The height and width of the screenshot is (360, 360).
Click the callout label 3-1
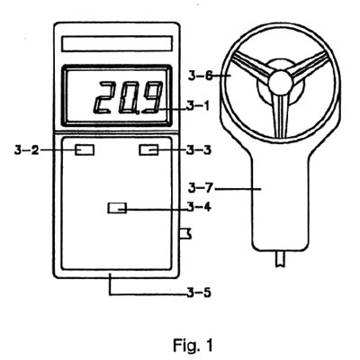[x=198, y=106]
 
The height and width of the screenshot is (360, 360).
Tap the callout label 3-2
[x=27, y=149]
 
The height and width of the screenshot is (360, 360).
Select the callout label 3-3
[x=199, y=149]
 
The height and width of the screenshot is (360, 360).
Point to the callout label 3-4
[x=199, y=207]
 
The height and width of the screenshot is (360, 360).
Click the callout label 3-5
[x=199, y=292]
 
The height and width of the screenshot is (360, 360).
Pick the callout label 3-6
[x=201, y=76]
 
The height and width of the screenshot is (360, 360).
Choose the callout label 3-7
[x=201, y=188]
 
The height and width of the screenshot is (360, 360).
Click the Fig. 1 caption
[x=193, y=346]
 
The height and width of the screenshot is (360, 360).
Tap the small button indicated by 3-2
[x=85, y=149]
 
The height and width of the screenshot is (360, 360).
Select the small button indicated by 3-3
[x=148, y=149]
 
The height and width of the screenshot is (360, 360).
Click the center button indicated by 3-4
[x=117, y=208]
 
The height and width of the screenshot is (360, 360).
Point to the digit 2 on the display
[x=105, y=97]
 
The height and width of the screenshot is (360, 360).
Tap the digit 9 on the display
[x=152, y=97]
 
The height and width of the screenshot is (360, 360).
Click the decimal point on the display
[x=137, y=112]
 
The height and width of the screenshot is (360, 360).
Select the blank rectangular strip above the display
[x=117, y=44]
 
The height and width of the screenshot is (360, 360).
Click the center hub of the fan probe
[x=281, y=83]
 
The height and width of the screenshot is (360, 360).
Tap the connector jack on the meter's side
[x=184, y=233]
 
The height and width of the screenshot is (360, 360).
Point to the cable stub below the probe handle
[x=281, y=258]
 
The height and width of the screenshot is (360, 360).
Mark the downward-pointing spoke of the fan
[x=280, y=115]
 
